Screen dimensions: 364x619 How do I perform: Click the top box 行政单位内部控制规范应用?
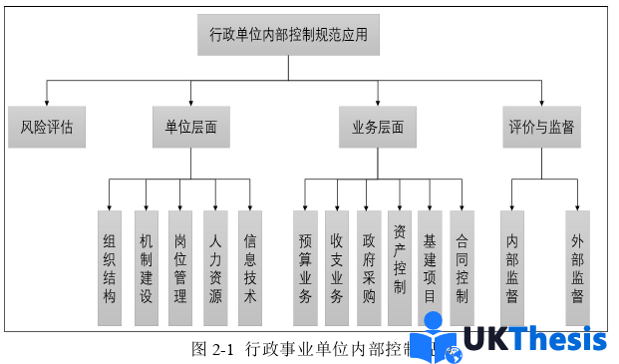click(288, 34)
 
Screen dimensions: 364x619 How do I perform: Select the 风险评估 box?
click(47, 128)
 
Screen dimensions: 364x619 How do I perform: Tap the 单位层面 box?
click(191, 128)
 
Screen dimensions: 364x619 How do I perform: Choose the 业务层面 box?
click(378, 128)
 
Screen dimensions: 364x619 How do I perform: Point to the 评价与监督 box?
click(541, 128)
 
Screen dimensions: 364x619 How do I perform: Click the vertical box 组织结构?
click(110, 267)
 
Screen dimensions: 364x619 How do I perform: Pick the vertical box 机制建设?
click(146, 267)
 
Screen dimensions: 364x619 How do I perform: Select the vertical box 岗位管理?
click(180, 267)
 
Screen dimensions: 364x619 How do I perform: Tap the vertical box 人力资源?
click(215, 267)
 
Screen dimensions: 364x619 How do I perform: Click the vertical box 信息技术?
click(250, 267)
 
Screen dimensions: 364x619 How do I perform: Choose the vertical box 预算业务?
click(305, 267)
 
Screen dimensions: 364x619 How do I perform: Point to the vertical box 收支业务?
click(337, 267)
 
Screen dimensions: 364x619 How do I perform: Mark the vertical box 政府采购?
click(369, 267)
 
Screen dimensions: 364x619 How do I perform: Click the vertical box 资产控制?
click(400, 267)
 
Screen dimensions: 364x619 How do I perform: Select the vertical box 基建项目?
click(430, 267)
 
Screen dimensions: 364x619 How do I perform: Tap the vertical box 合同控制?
click(462, 267)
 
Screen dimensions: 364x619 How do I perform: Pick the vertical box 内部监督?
click(512, 267)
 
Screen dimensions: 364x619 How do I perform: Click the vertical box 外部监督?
click(577, 267)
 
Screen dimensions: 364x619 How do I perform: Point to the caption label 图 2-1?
click(210, 349)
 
